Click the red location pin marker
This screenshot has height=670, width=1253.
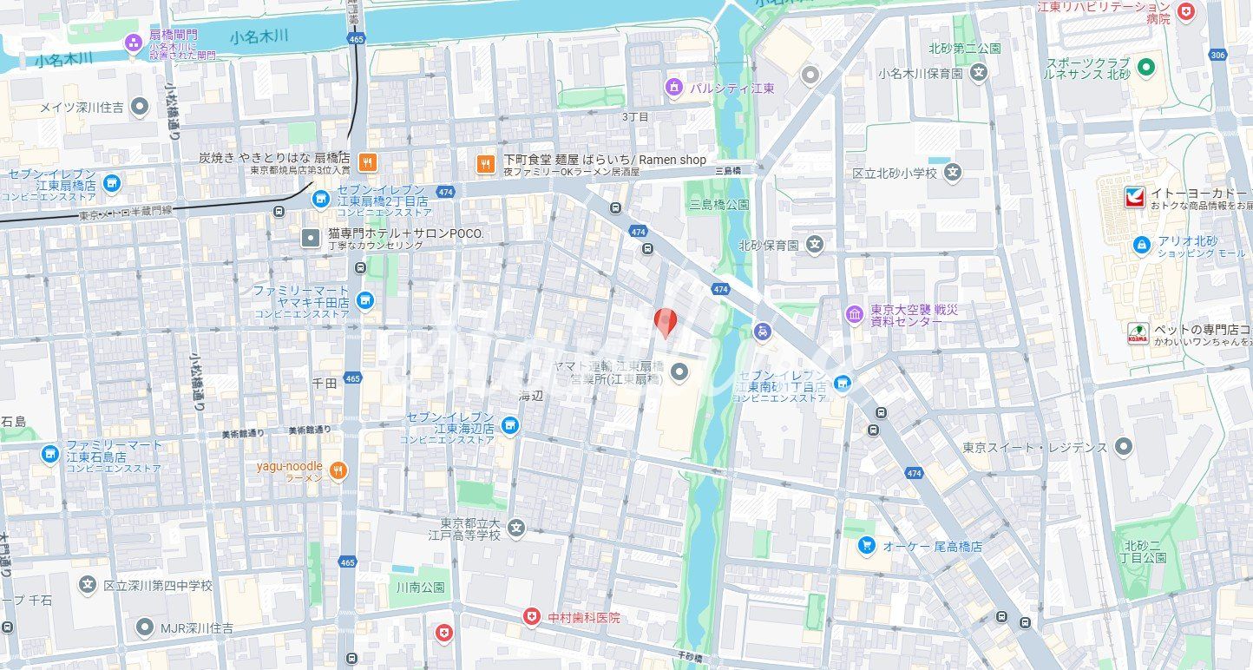[x=666, y=322]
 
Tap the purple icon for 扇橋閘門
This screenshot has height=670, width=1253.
[x=133, y=42]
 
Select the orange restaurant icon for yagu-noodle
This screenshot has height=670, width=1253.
[x=338, y=471]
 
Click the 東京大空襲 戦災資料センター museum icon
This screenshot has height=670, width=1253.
[x=855, y=314]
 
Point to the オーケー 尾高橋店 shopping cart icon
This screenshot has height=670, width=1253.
[x=866, y=546]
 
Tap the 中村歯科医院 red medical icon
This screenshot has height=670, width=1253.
[x=531, y=617]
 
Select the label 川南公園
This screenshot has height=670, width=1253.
[x=420, y=588]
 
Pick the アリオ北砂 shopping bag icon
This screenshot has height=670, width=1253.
[x=1142, y=246]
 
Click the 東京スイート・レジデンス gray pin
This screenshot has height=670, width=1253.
[x=1124, y=447]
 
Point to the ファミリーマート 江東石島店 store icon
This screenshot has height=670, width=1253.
[x=50, y=454]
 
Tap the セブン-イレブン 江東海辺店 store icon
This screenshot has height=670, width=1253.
[x=510, y=425]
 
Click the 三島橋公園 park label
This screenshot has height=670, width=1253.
[x=718, y=205]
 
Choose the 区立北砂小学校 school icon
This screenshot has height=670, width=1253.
[x=954, y=173]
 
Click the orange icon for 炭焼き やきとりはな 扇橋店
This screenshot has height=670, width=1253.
[x=368, y=161]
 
